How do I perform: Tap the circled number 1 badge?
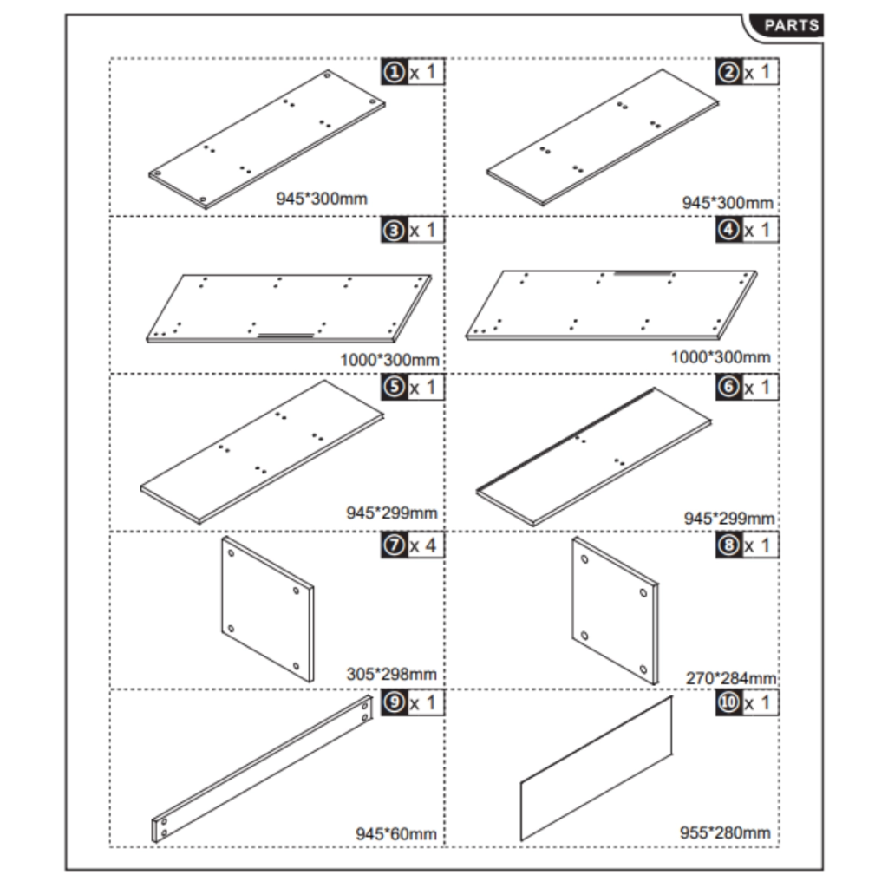[395, 73]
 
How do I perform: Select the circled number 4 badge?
[728, 230]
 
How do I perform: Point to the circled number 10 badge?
[728, 702]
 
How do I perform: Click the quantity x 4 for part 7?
[422, 545]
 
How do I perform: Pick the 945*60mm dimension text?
[395, 833]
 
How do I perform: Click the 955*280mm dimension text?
[725, 832]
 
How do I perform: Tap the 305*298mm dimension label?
[391, 674]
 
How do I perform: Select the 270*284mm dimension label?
[730, 678]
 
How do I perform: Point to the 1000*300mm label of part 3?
[389, 360]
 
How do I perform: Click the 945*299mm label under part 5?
[392, 513]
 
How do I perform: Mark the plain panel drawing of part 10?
[597, 768]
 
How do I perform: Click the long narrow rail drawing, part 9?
[262, 769]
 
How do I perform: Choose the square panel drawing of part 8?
[615, 610]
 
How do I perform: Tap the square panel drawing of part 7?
[267, 609]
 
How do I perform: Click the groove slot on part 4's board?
[643, 273]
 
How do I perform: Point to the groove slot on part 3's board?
[286, 336]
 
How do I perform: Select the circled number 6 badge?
[728, 388]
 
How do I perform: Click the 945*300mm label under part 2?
[728, 202]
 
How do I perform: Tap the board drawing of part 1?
[267, 140]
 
